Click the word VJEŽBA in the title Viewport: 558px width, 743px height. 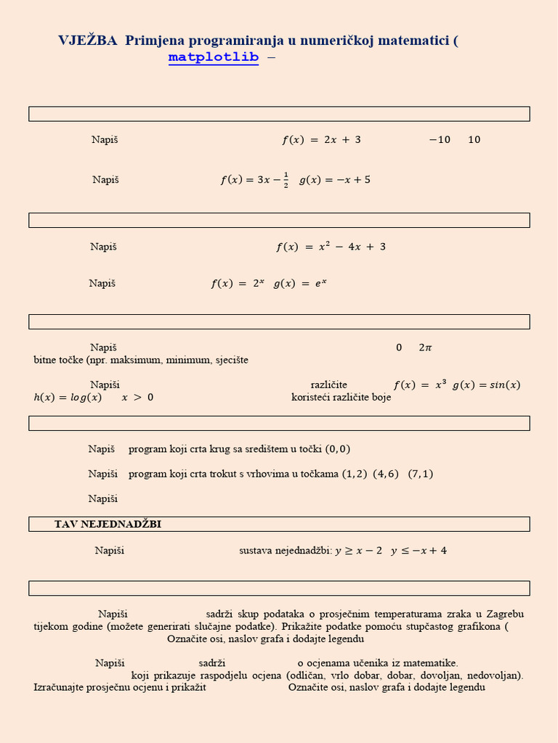(x=87, y=41)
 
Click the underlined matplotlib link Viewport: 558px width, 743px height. (x=214, y=57)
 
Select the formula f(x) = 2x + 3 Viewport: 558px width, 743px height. (x=321, y=140)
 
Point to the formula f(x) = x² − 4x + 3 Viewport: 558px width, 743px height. (x=331, y=247)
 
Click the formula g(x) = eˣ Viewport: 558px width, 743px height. (x=300, y=284)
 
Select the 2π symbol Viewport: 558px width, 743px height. (x=425, y=348)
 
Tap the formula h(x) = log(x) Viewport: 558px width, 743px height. (x=68, y=397)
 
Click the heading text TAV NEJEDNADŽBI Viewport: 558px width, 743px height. (x=108, y=524)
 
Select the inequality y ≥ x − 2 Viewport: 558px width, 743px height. (x=358, y=551)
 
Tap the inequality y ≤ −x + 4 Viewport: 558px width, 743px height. (x=418, y=551)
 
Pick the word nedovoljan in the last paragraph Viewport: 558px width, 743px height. (x=493, y=675)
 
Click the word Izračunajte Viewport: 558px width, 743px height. (x=62, y=687)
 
